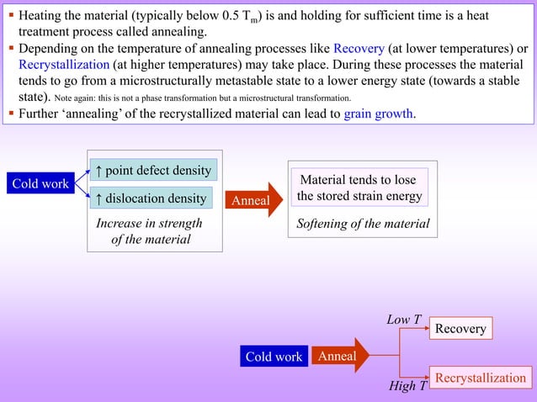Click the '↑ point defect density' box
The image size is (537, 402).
pyautogui.click(x=152, y=171)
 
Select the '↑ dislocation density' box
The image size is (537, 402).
pyautogui.click(x=151, y=198)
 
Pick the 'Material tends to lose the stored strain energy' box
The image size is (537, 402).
pyautogui.click(x=359, y=188)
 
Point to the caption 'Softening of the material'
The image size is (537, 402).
pyautogui.click(x=363, y=224)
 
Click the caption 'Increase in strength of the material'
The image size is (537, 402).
pyautogui.click(x=149, y=231)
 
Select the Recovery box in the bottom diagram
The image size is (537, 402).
pyautogui.click(x=460, y=328)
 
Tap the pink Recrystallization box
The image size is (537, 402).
pyautogui.click(x=480, y=378)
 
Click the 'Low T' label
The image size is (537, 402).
pyautogui.click(x=403, y=320)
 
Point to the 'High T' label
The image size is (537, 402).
pyautogui.click(x=407, y=386)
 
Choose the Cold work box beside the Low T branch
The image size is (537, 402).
pyautogui.click(x=274, y=357)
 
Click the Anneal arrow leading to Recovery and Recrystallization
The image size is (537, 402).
pyautogui.click(x=340, y=356)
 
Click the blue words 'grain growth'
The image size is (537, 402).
pyautogui.click(x=379, y=114)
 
